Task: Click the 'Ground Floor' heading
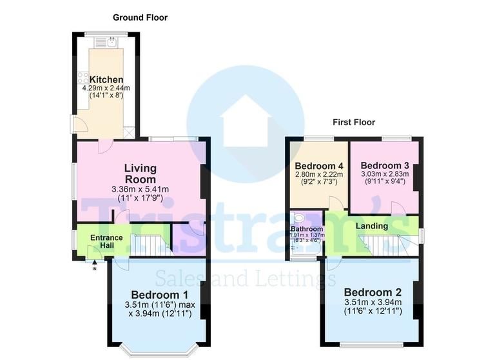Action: coord(140,17)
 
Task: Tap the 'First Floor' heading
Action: coord(353,122)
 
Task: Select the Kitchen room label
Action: coord(106,79)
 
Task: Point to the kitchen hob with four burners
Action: coord(83,78)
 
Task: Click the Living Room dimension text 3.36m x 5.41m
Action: coord(140,190)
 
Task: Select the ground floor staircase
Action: coord(151,245)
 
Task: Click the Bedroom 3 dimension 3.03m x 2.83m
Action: coord(385,174)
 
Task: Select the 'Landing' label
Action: coord(372,226)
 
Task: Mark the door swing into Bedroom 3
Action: coord(398,208)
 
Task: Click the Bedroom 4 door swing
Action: coord(336,203)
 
